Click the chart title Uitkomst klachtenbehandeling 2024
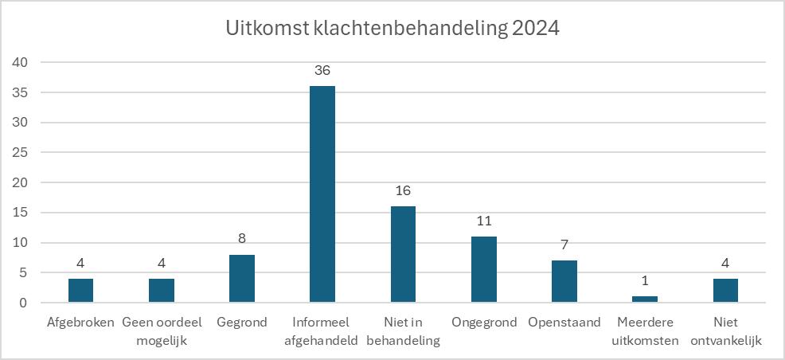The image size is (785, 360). point(392,29)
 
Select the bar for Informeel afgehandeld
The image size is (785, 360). point(322,194)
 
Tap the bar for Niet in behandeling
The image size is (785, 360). point(403,255)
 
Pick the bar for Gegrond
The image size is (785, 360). point(242,279)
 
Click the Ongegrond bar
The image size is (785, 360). point(483,270)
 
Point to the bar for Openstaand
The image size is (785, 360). point(564,282)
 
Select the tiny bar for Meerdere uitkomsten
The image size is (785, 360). point(645,299)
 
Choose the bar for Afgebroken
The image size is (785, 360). point(80,291)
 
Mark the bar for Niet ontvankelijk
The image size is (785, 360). point(725,291)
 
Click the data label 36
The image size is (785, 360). point(322,70)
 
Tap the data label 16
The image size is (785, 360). point(403,191)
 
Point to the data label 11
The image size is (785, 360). point(483,221)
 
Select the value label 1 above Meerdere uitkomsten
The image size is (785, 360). point(645,282)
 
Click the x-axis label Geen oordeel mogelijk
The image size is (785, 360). point(161,331)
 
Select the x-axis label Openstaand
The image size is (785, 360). point(564,323)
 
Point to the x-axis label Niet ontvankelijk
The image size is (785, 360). point(725,331)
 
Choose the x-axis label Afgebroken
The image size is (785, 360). point(80,323)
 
